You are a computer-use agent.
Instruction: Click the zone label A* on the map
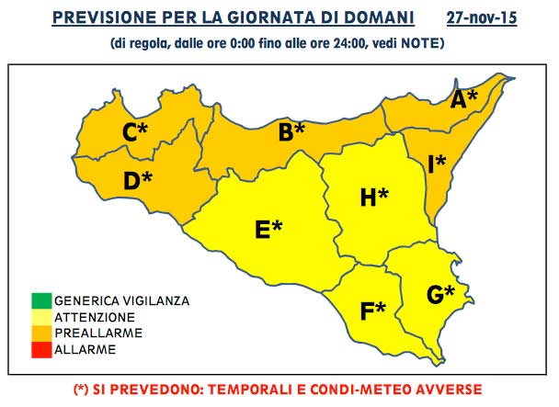[x=463, y=98]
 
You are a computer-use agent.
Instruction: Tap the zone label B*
[x=291, y=132]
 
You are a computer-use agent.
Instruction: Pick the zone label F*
[x=372, y=311]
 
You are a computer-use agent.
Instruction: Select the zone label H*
[x=373, y=197]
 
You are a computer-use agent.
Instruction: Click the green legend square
[x=40, y=300]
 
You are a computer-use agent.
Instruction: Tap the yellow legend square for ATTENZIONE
[x=40, y=316]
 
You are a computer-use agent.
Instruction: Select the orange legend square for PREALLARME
[x=40, y=332]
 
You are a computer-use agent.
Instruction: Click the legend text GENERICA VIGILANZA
[x=121, y=300]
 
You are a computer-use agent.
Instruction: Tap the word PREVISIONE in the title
[x=121, y=17]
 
